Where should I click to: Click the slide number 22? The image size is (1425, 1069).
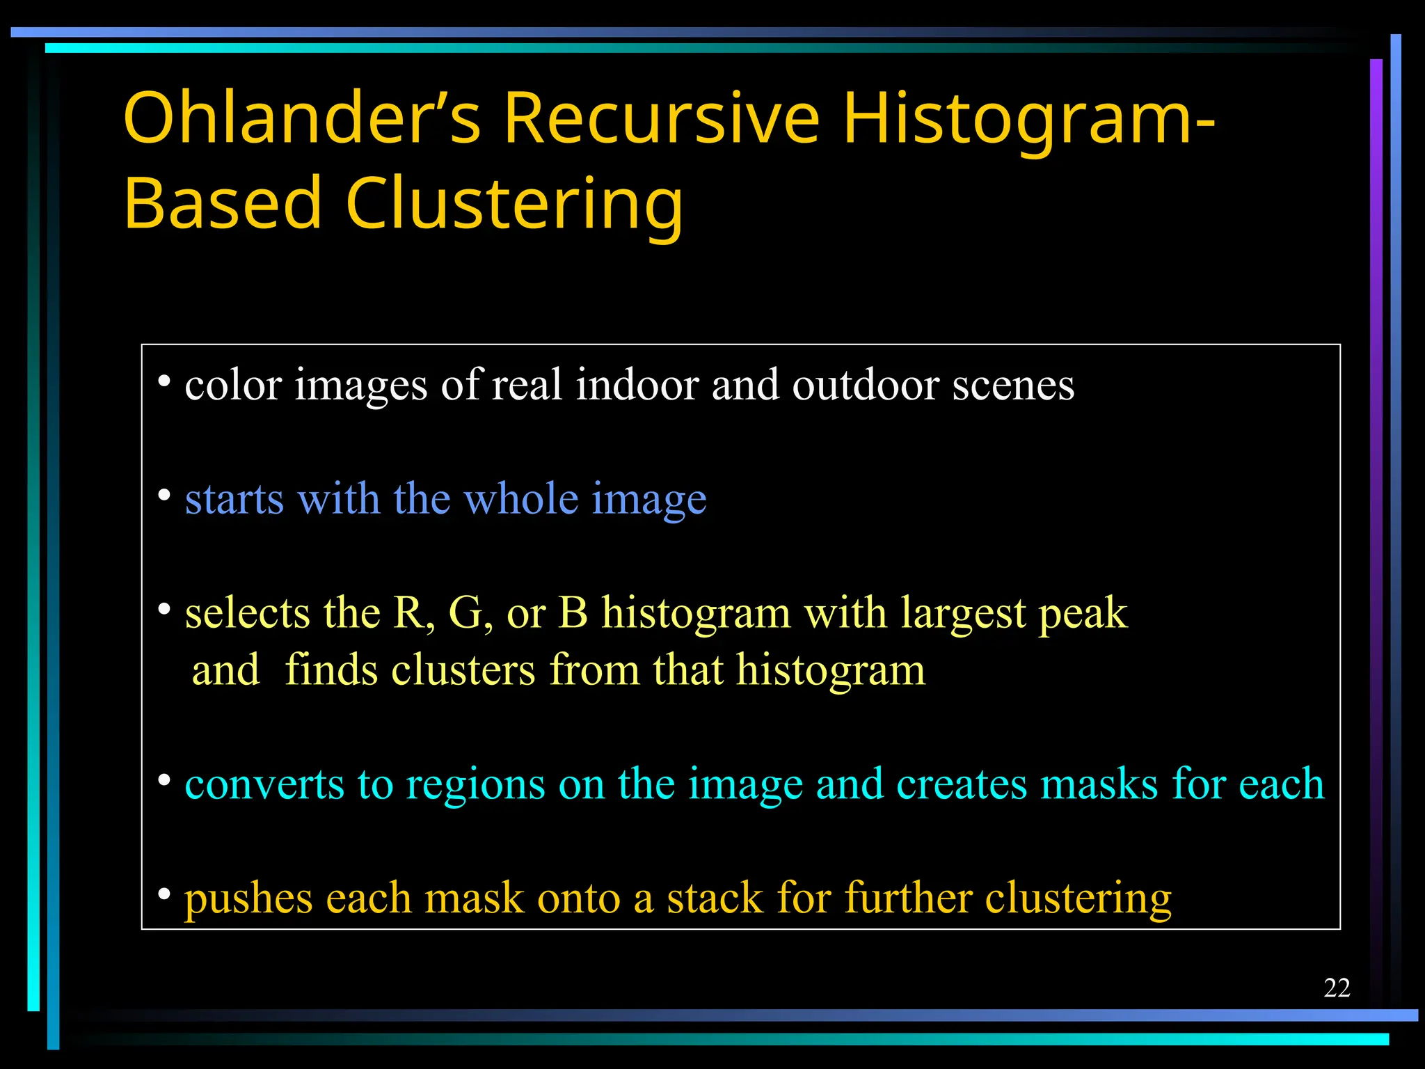(x=1337, y=988)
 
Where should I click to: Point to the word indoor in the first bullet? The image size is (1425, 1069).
(x=637, y=384)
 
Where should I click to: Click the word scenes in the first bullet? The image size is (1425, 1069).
(x=1013, y=386)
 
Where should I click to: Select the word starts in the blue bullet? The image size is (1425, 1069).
(x=234, y=500)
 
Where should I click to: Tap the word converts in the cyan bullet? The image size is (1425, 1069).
(x=264, y=784)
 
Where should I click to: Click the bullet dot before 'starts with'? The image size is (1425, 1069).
(x=164, y=496)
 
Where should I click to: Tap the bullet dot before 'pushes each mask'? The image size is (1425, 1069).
(x=164, y=894)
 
